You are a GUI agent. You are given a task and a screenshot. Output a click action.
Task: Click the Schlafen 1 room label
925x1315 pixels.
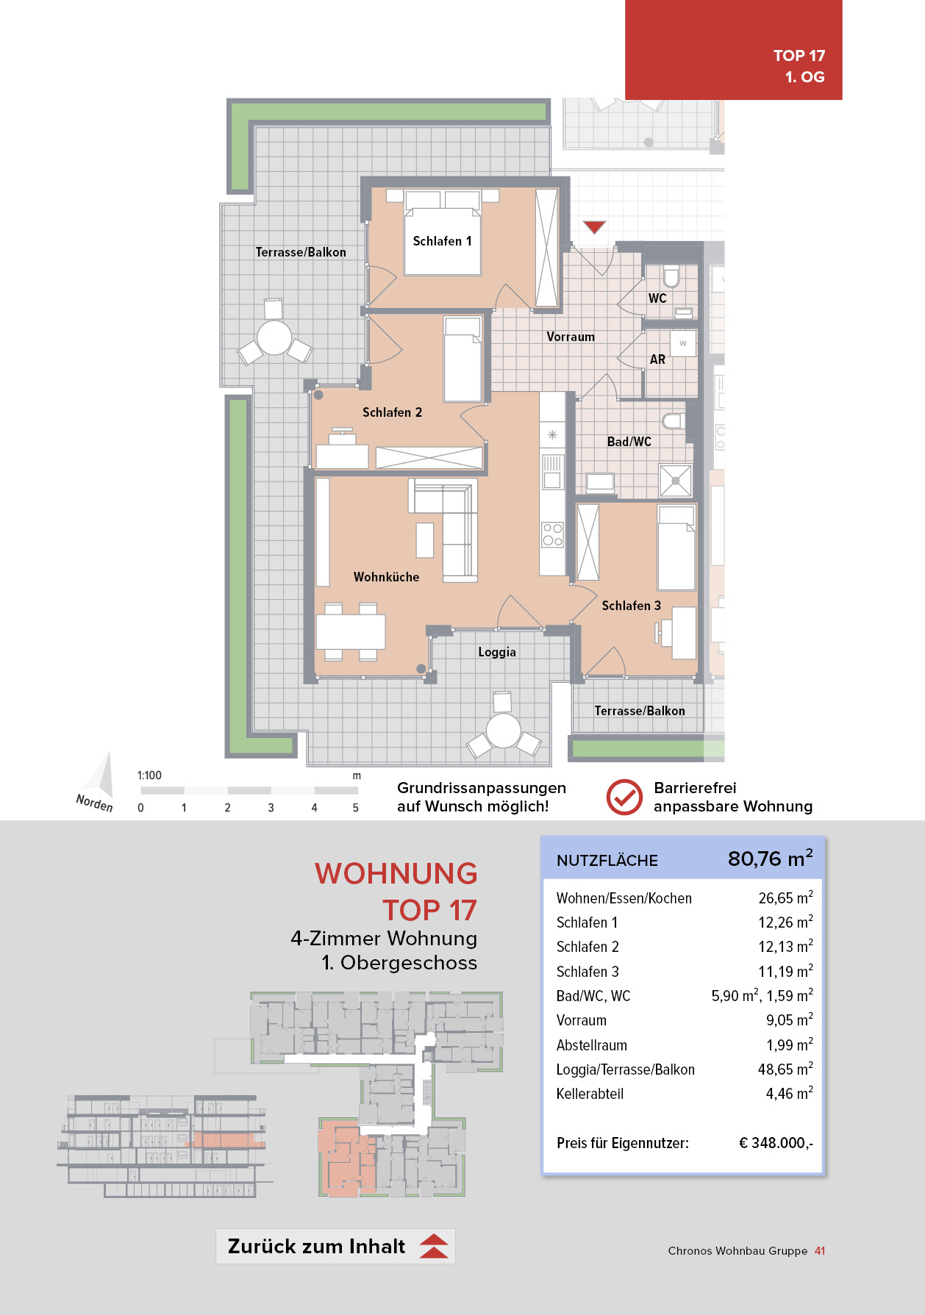(442, 241)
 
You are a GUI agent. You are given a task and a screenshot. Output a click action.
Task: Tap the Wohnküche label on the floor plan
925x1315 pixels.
(386, 577)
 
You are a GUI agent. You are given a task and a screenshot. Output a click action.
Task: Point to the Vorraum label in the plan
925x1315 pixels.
(571, 337)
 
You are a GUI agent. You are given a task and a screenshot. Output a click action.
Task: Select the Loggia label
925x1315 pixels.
(497, 652)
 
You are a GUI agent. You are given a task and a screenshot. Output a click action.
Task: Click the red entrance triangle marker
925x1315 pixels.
(594, 226)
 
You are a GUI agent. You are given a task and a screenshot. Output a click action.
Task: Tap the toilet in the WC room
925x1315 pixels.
(671, 276)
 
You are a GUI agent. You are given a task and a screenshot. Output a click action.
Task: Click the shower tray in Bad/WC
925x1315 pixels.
(676, 481)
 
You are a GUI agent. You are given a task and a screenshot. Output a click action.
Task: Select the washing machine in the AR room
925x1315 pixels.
(683, 343)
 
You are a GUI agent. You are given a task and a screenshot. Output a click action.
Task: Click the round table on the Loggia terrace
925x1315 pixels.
(504, 731)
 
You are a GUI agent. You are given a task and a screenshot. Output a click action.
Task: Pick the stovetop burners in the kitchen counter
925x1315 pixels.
(553, 535)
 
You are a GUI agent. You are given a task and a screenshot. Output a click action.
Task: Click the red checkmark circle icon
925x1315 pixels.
(624, 798)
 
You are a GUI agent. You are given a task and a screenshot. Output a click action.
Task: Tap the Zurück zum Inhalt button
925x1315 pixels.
(335, 1246)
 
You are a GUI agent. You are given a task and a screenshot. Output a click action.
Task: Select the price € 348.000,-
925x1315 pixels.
(776, 1143)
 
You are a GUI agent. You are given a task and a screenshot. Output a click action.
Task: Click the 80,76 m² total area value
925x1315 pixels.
(771, 859)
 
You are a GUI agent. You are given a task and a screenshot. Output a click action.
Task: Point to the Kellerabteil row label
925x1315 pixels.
(590, 1094)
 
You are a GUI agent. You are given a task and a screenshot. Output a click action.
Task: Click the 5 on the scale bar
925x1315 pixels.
(356, 808)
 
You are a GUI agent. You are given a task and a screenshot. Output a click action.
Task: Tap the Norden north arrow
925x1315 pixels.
(99, 783)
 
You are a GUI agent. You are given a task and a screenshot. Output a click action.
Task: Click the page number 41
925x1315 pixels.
(820, 1251)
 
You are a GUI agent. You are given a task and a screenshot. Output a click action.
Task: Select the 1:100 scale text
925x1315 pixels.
(149, 775)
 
